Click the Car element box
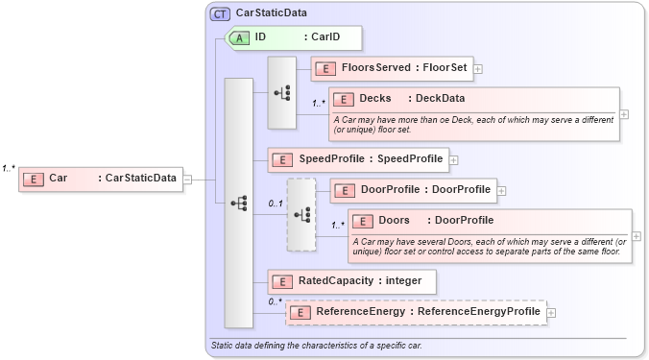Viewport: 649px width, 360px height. (101, 178)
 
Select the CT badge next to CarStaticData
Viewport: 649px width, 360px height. (220, 13)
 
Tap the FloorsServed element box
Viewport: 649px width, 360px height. (392, 69)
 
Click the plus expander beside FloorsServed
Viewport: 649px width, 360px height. (478, 69)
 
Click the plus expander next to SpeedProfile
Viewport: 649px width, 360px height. (454, 159)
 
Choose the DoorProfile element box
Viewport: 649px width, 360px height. (413, 190)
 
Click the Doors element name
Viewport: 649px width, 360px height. (394, 221)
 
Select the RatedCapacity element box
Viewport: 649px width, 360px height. (351, 281)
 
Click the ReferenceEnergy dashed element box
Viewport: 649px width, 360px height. (416, 312)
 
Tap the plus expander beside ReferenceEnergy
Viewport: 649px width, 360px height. (551, 313)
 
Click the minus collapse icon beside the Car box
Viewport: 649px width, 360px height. (188, 179)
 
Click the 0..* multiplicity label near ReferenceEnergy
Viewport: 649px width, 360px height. (276, 301)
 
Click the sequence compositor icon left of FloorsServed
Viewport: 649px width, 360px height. (281, 92)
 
